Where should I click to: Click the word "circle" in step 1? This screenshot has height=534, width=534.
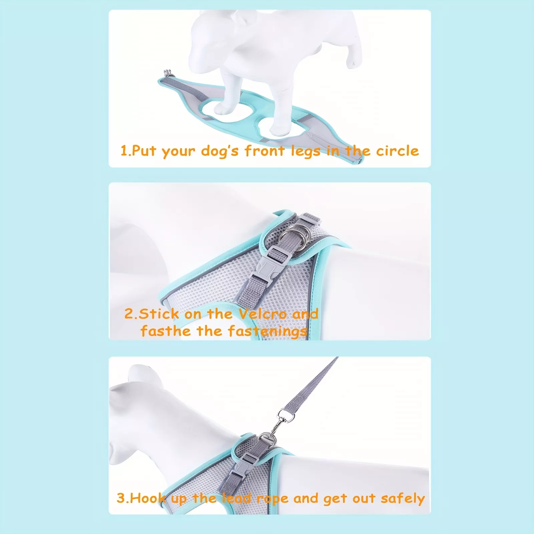point(397,151)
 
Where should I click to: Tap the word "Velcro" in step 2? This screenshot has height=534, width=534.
point(263,314)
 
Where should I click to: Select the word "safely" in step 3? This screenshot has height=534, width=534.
point(403,499)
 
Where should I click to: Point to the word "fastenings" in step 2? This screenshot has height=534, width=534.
point(268,332)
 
